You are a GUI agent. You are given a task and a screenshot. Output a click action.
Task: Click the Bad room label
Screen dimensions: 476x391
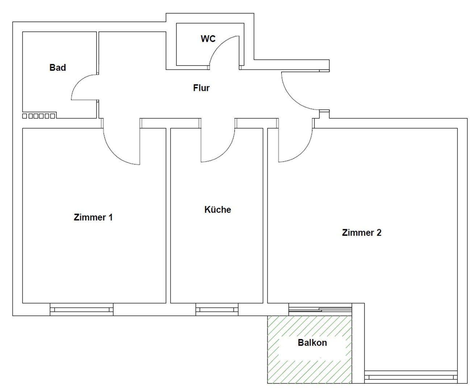tap(58, 67)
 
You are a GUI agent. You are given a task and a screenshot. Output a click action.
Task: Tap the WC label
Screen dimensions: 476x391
tap(208, 39)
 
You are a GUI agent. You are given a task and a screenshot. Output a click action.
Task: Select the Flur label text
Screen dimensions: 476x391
tap(201, 88)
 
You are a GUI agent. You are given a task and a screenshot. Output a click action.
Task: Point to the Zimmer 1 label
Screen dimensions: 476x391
tap(93, 217)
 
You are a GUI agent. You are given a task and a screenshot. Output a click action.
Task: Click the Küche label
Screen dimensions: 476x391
tap(218, 209)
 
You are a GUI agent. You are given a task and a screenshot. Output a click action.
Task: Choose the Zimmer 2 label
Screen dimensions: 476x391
tap(362, 232)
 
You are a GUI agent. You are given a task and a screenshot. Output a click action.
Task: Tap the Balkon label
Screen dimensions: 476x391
tap(312, 342)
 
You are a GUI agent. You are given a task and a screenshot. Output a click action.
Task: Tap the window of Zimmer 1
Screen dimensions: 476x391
tap(82, 310)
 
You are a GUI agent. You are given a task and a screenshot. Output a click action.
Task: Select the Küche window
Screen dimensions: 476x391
tap(217, 310)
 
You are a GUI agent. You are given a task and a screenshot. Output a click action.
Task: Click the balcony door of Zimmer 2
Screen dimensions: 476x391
tap(320, 309)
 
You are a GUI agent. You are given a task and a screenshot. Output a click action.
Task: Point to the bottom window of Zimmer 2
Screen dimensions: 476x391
tap(411, 377)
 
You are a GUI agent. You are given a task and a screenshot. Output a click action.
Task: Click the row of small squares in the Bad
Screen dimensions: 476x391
tap(39, 116)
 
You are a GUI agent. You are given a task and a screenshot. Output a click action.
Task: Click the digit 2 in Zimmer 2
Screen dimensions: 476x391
tap(379, 232)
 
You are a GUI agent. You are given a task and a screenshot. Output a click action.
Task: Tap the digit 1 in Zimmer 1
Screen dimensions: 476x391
tap(110, 217)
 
